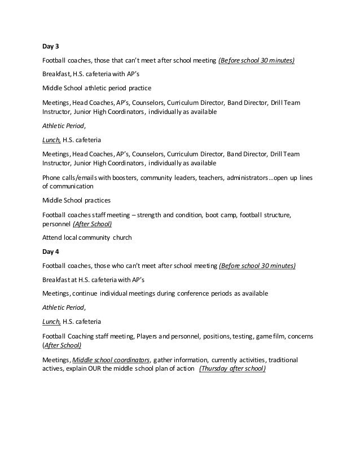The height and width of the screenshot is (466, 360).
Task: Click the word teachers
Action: [212, 177]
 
